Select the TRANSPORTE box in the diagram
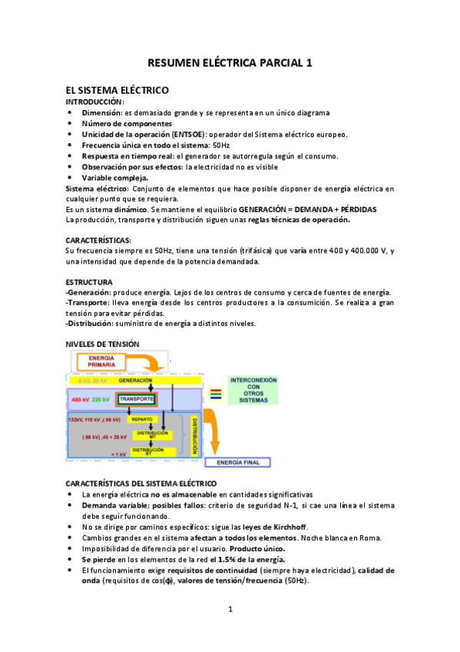coord(137,400)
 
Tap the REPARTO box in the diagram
coord(142,420)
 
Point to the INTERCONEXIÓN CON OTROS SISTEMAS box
coord(253,390)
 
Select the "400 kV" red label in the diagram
coord(80,400)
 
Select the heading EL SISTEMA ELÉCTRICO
coord(117,90)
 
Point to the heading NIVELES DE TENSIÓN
coord(102,344)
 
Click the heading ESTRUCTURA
coord(89,282)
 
